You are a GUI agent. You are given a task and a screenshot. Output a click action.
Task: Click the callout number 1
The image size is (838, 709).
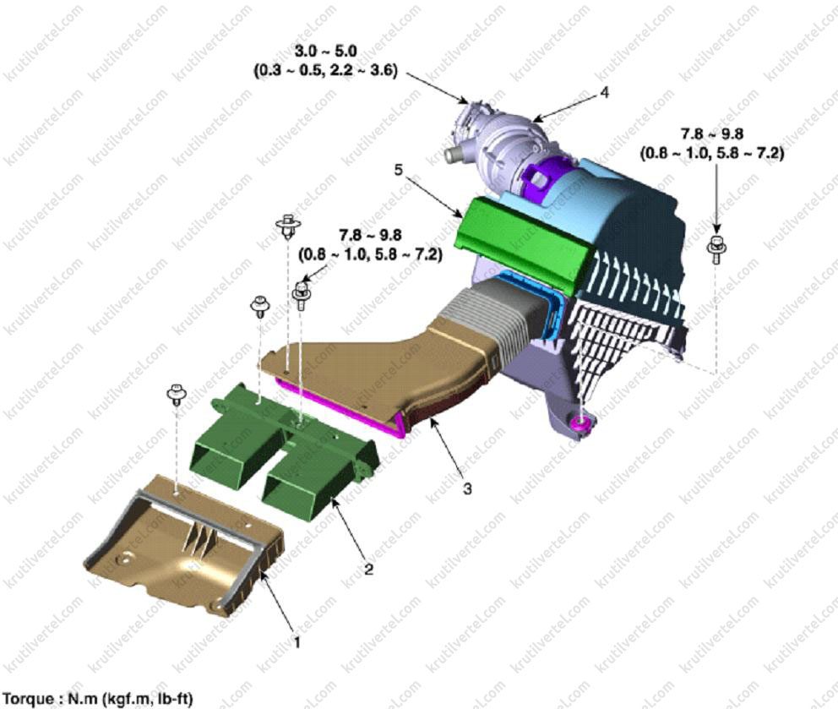pyautogui.click(x=297, y=641)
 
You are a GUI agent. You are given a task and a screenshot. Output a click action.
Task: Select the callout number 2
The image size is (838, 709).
pyautogui.click(x=369, y=570)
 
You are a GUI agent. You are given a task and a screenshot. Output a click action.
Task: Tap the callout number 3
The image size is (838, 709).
pyautogui.click(x=467, y=488)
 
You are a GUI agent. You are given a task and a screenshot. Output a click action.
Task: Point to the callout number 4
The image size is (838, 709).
pyautogui.click(x=604, y=92)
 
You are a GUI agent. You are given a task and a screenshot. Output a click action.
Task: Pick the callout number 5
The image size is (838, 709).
pyautogui.click(x=399, y=170)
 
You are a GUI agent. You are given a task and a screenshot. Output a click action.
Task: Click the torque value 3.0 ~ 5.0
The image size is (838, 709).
pyautogui.click(x=326, y=52)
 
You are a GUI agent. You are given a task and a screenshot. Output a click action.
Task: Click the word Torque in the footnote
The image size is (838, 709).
pyautogui.click(x=29, y=699)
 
